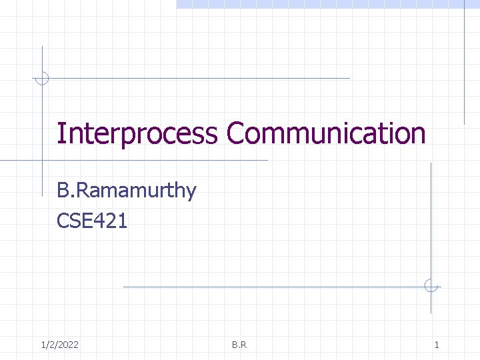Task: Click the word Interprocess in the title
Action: point(137,133)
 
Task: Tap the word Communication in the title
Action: point(325,133)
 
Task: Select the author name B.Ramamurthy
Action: point(127,191)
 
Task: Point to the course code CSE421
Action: point(92,220)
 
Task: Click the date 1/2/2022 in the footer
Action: point(59,345)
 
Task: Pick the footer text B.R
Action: point(239,345)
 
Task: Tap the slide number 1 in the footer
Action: point(437,345)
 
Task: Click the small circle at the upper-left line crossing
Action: point(42,78)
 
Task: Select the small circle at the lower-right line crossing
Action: point(431,287)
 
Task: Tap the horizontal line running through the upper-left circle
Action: point(200,78)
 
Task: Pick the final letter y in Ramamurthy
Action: point(191,192)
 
